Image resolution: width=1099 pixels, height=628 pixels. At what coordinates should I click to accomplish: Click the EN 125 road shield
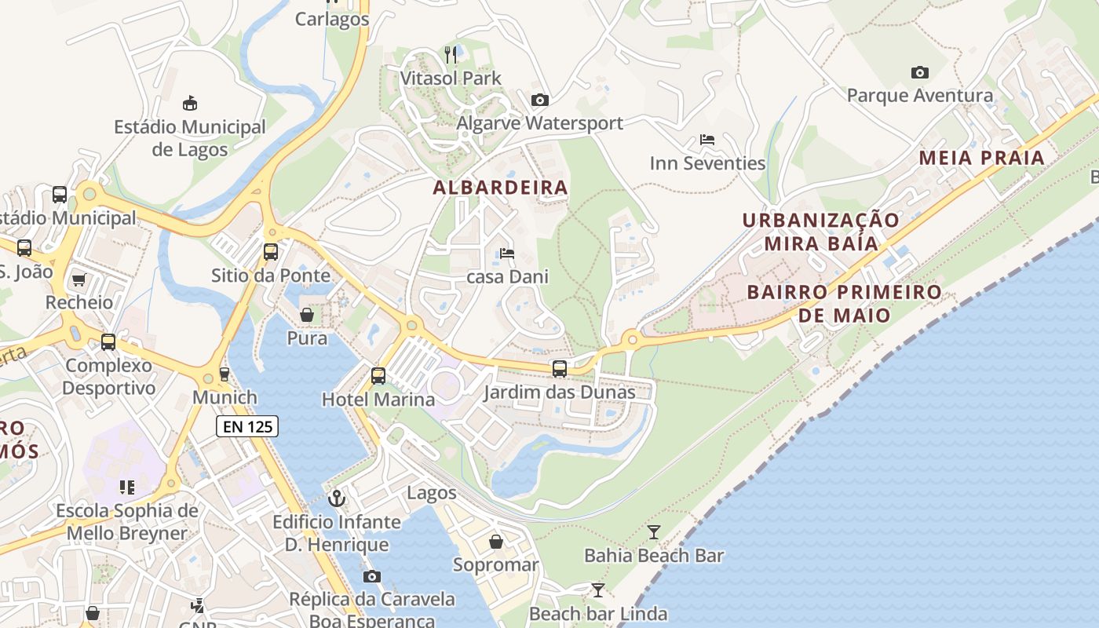pos(247,426)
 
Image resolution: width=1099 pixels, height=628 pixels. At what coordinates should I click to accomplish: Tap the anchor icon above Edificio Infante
pos(336,498)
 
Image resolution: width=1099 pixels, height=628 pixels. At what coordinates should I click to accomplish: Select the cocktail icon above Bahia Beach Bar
pos(653,532)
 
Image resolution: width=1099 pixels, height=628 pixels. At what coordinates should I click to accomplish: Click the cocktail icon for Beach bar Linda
pos(598,590)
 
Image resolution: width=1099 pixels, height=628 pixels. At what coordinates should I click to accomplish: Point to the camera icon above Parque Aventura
pos(919,72)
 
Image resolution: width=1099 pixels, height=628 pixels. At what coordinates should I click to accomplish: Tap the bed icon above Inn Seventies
pos(706,140)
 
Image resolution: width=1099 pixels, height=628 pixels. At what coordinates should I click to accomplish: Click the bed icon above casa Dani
pos(507,254)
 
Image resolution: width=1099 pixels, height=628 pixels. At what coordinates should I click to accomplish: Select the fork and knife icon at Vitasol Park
pos(451,54)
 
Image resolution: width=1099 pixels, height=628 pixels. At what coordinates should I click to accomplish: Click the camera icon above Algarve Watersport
pos(539,100)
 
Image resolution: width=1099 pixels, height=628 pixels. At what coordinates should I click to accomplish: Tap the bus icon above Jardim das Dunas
pos(559,368)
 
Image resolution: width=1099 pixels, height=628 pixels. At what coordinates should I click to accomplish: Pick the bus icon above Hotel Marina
pos(378,375)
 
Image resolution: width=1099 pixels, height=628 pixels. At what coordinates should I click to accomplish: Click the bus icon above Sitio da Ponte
pos(270,252)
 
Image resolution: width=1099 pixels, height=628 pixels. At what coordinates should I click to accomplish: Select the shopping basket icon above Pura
pos(307,315)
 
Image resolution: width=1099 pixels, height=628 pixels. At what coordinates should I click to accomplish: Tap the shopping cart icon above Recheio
pos(78,279)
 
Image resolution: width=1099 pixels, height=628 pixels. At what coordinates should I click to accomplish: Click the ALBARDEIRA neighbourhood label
pos(500,188)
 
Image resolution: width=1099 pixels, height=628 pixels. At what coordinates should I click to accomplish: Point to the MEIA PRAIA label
pos(981,158)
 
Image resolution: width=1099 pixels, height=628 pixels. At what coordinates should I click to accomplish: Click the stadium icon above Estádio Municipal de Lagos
pos(189,103)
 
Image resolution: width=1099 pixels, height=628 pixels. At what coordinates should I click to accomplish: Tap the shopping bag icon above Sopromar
pos(496,542)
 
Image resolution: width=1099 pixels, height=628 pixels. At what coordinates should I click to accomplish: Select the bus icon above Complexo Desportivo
pos(108,342)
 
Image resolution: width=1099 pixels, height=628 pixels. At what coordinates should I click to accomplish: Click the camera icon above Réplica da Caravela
pos(371,576)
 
